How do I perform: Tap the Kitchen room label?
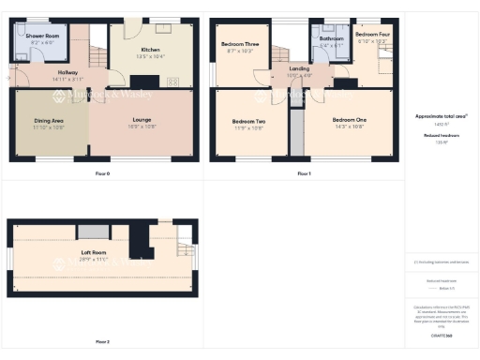point(151,49)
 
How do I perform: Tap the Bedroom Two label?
point(247,122)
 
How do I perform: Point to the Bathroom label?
point(332,38)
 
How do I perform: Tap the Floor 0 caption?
point(102,173)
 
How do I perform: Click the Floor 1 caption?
point(303,173)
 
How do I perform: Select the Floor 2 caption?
point(102,341)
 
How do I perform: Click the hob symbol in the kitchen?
point(173,82)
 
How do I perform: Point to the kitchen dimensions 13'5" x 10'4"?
point(151,56)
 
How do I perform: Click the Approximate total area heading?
point(442,115)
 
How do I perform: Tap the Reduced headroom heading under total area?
point(441,135)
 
